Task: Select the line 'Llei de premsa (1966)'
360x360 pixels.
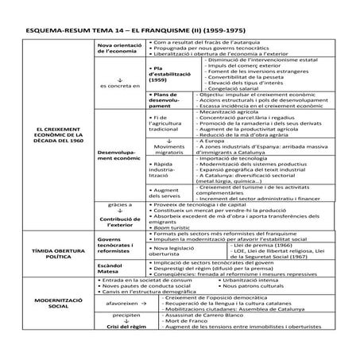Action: [262, 247]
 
